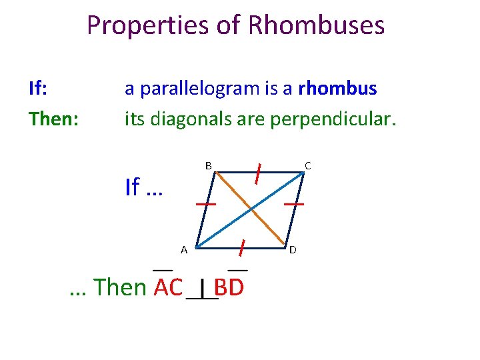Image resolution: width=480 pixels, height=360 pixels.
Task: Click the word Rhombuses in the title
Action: click(x=316, y=26)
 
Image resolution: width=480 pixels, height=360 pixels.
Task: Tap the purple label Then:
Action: click(x=53, y=119)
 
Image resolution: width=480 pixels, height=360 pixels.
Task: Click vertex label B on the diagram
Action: click(x=208, y=165)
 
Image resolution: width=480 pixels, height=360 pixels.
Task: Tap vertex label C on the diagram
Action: click(x=307, y=165)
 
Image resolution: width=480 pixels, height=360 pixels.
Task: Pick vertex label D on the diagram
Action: click(x=293, y=250)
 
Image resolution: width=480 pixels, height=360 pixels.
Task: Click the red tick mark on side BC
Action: click(x=257, y=173)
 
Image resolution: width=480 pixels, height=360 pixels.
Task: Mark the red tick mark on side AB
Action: click(x=205, y=203)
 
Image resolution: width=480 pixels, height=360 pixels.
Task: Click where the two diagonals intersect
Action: click(x=251, y=210)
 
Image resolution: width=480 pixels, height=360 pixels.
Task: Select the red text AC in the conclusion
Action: click(x=168, y=287)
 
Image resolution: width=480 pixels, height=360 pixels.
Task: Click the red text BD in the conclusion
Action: click(x=229, y=287)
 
